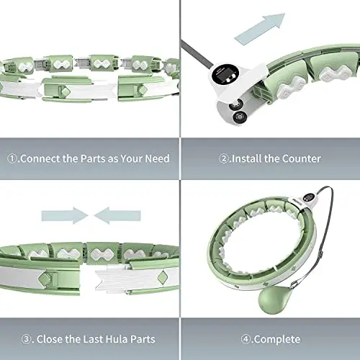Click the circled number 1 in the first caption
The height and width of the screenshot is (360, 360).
pos(12,158)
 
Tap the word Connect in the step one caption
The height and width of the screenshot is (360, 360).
pos(40,158)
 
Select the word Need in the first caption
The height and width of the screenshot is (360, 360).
pos(157,158)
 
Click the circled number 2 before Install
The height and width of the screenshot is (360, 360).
pos(223,158)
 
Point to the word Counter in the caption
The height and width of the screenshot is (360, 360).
pos(301,158)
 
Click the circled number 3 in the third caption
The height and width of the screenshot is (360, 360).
pos(26,339)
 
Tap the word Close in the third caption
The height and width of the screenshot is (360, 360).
pos(50,339)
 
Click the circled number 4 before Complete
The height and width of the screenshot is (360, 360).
pos(246,339)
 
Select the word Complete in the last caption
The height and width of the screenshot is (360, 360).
pos(277,340)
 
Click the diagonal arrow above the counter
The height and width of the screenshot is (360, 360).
pos(260,29)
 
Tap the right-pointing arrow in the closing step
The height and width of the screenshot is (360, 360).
pos(65,215)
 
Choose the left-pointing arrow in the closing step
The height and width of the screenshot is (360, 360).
pos(117,215)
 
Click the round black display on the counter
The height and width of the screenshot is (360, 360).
pos(225,74)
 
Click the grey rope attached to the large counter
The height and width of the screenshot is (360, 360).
pos(197,53)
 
